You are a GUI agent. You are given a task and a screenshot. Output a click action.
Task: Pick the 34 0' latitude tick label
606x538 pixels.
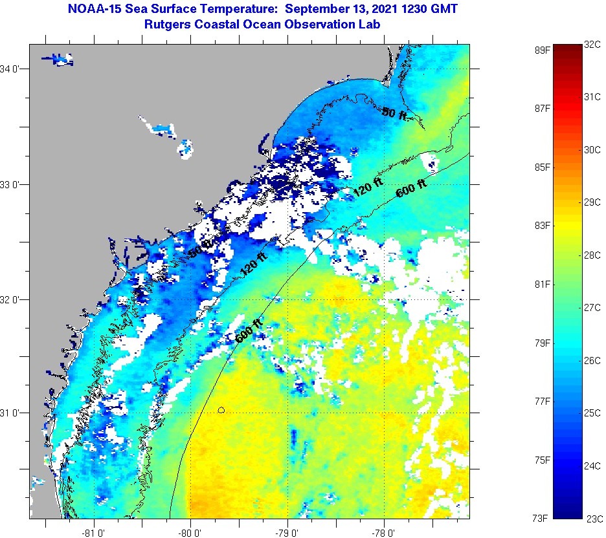point(13,69)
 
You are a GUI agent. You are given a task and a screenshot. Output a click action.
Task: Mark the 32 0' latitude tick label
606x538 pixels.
point(13,299)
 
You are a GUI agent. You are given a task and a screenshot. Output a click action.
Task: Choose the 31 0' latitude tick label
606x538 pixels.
point(13,413)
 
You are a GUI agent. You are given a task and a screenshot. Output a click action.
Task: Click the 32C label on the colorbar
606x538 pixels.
point(593,45)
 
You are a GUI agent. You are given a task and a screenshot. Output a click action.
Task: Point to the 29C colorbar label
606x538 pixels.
point(593,202)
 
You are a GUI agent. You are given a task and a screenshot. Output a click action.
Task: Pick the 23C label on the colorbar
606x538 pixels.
point(593,518)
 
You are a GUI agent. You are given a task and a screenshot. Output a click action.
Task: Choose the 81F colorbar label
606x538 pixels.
point(542,285)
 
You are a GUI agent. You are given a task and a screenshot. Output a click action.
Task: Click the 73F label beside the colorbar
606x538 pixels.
point(542,518)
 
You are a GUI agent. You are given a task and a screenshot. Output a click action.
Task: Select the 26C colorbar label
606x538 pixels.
point(593,360)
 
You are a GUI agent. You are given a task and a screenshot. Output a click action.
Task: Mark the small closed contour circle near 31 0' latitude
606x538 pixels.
point(221,409)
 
